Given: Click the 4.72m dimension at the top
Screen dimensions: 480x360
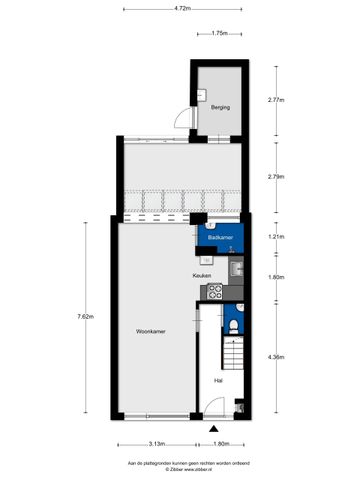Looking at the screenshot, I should pyautogui.click(x=181, y=8).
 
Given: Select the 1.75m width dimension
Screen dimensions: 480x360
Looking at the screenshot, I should pyautogui.click(x=220, y=33).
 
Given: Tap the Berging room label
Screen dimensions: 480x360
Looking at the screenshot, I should pyautogui.click(x=220, y=107).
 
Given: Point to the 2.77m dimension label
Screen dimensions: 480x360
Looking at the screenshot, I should pyautogui.click(x=276, y=100).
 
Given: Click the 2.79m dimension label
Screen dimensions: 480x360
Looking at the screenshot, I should pyautogui.click(x=276, y=177).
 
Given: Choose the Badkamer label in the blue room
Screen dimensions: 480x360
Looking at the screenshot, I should pyautogui.click(x=220, y=238).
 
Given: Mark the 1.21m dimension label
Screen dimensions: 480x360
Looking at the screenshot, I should pyautogui.click(x=276, y=236).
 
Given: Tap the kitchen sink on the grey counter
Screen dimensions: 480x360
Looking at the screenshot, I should pyautogui.click(x=236, y=267).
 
